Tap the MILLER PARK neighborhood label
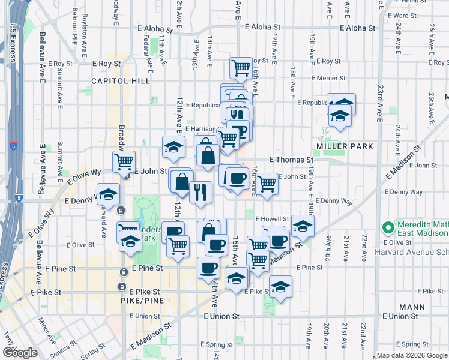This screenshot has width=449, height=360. point(345,146)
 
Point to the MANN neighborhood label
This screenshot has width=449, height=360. point(412,307)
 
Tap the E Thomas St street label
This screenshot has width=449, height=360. point(292,160)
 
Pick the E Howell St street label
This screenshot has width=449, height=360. point(272,219)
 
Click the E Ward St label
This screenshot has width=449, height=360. point(403,16)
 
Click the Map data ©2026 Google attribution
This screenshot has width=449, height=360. point(412,355)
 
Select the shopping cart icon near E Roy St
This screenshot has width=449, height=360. point(241,68)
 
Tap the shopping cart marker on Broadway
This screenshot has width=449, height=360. point(124,161)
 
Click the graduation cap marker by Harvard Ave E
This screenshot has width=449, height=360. point(108,194)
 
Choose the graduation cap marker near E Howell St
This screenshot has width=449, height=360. point(303,226)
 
